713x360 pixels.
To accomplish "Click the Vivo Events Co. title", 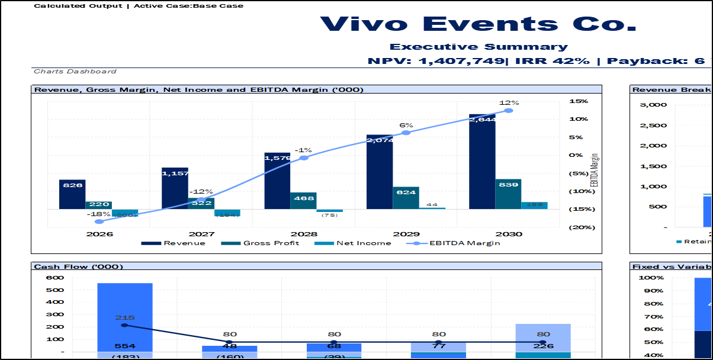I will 478,24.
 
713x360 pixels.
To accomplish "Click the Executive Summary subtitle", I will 478,47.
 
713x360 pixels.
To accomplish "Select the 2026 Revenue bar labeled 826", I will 72,194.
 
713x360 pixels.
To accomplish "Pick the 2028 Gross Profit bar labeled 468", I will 303,201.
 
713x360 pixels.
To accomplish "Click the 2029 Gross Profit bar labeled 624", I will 406,198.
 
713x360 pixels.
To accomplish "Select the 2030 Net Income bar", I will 534,205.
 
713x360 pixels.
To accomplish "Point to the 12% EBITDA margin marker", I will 508,111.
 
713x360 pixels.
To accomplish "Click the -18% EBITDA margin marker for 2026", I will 99,221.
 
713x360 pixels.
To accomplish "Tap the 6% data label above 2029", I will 406,126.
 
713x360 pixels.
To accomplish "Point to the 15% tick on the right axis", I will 579,101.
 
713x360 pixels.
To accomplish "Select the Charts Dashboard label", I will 75,72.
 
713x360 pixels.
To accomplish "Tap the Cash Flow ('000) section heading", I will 79,266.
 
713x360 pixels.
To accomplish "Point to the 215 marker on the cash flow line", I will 124,325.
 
